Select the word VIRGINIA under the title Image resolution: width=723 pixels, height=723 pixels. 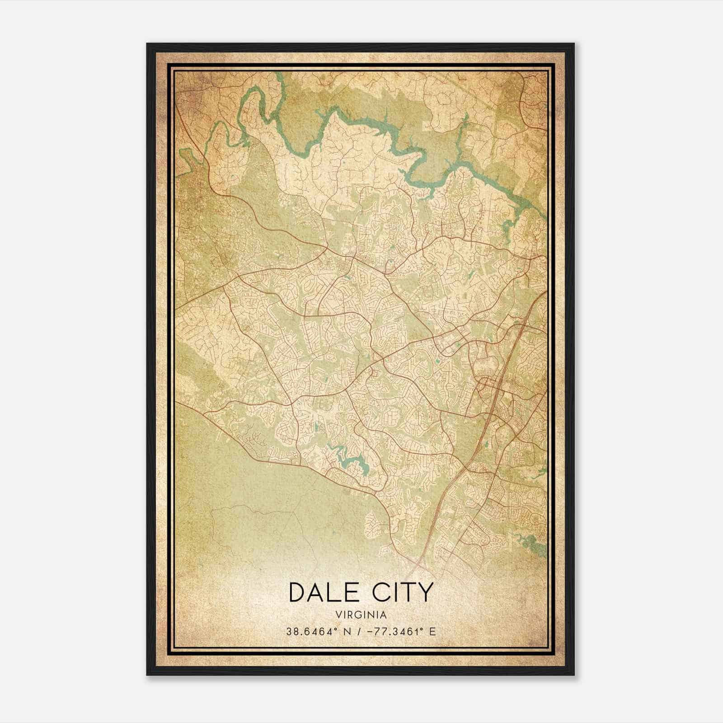[x=361, y=615]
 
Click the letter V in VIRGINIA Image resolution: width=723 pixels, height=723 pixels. [x=338, y=615]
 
